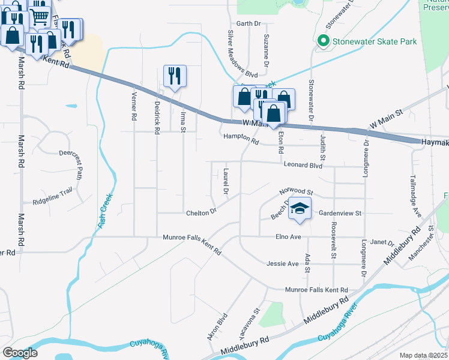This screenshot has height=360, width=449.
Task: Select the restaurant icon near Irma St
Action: coord(175,75)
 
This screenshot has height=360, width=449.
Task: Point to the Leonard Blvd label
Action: coord(303,164)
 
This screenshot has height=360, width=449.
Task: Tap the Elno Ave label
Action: coord(288,237)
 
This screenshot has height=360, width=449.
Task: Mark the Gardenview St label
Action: coord(340,213)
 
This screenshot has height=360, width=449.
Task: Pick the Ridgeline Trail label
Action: coord(53,195)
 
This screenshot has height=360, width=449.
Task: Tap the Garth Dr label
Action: coord(249,24)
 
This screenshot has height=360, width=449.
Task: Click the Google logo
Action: coord(20,353)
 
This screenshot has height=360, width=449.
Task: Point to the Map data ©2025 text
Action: coord(423,355)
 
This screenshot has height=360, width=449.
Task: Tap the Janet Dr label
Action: coord(382,243)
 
